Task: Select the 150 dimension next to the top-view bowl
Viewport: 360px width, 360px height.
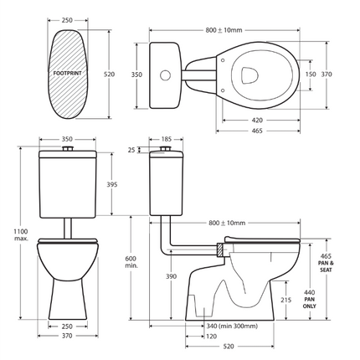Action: [x=311, y=75]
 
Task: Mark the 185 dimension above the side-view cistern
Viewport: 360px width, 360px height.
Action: [x=166, y=139]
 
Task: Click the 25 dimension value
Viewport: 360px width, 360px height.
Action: [x=131, y=150]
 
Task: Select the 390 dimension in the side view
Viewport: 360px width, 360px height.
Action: [x=171, y=276]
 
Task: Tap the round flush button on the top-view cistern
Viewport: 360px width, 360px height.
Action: [x=164, y=75]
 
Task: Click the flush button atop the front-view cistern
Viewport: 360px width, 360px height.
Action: [x=71, y=149]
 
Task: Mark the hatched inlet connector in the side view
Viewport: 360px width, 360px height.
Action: [x=219, y=249]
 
